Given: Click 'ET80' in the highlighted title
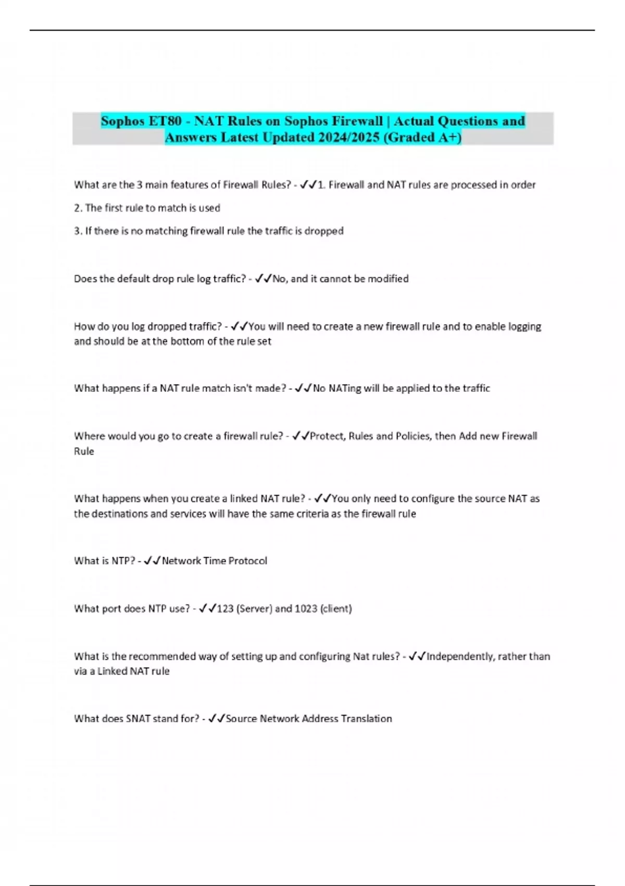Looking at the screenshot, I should coord(165,121).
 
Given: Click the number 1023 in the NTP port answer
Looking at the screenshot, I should coord(306,608).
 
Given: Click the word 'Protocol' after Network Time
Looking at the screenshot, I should coord(248,561).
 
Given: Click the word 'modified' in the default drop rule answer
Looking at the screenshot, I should coord(388,279).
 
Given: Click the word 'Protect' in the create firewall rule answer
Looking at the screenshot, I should coord(327,436).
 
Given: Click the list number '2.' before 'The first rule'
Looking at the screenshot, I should coord(78,208).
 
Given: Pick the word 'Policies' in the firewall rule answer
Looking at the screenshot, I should coord(411,436).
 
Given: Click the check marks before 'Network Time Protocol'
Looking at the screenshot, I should coord(152,561).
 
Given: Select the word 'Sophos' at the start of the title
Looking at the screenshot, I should coord(122,121).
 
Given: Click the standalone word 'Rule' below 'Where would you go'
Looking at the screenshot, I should coord(84,451).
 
